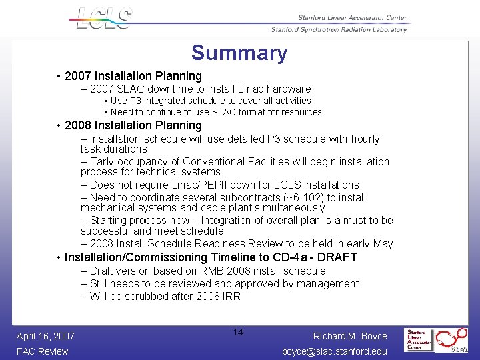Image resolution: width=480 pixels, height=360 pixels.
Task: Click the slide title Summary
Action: coord(239,53)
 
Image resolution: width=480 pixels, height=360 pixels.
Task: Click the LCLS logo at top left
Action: coord(103,18)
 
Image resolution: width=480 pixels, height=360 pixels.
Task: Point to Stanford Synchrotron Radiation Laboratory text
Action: coord(339,29)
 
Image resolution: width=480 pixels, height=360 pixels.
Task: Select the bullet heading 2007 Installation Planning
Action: coord(133,76)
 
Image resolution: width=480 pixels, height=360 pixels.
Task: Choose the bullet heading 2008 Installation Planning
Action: coord(133,125)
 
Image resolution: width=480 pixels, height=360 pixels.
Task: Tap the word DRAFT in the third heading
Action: coord(337,257)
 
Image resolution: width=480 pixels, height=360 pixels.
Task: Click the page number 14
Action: coord(239,332)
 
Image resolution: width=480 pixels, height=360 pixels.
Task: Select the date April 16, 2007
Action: coord(45,336)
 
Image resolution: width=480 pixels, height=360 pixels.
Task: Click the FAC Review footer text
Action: coord(43,351)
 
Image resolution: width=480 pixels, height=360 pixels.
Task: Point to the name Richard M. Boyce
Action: coord(351,336)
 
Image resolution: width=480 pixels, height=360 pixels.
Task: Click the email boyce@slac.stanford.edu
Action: coord(335,351)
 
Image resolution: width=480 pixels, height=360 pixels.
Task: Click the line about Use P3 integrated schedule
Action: coord(211,101)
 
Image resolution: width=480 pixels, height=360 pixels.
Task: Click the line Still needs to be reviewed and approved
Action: coord(220,283)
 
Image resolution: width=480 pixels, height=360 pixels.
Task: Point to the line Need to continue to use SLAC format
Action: coord(216,112)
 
